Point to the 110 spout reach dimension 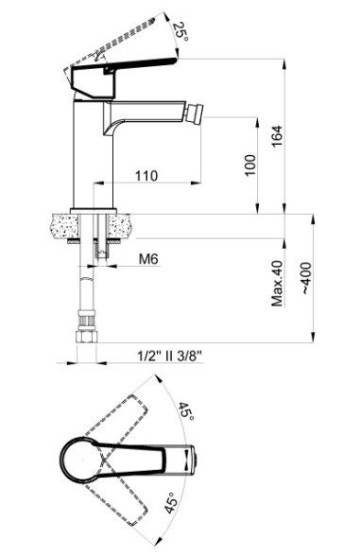click(145, 175)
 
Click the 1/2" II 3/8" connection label click(169, 356)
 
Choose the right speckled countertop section click(121, 226)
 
